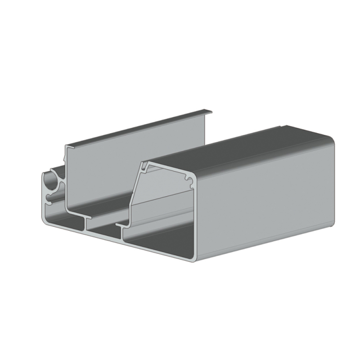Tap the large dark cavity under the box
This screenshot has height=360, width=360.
(157, 241)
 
